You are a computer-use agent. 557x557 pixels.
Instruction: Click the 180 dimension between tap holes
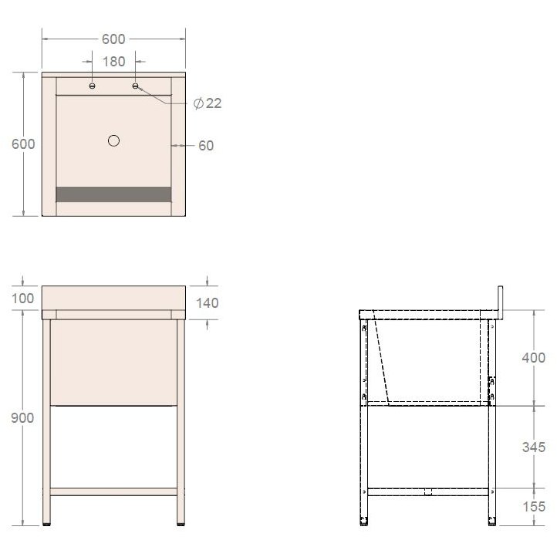[114, 61]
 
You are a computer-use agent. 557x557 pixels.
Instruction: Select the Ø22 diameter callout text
[208, 103]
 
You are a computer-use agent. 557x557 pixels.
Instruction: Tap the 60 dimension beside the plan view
[206, 145]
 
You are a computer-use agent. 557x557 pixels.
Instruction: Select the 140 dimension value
[207, 303]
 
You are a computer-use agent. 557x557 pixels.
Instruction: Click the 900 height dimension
[23, 417]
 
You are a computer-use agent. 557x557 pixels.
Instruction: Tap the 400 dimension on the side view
[532, 358]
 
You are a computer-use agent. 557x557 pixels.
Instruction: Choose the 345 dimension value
[532, 447]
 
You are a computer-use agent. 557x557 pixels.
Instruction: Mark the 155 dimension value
[532, 507]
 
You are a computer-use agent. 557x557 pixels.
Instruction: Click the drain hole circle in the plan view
[114, 140]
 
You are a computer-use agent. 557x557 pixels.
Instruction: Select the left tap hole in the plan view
[93, 86]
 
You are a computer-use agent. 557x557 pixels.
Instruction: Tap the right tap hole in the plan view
[136, 86]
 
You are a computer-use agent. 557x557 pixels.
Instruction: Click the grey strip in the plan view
[113, 194]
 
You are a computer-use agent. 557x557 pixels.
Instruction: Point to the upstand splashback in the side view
[501, 301]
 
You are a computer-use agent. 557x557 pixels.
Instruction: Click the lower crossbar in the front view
[113, 491]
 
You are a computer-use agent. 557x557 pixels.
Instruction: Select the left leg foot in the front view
[47, 524]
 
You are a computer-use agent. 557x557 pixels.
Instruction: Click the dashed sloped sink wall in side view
[380, 363]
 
